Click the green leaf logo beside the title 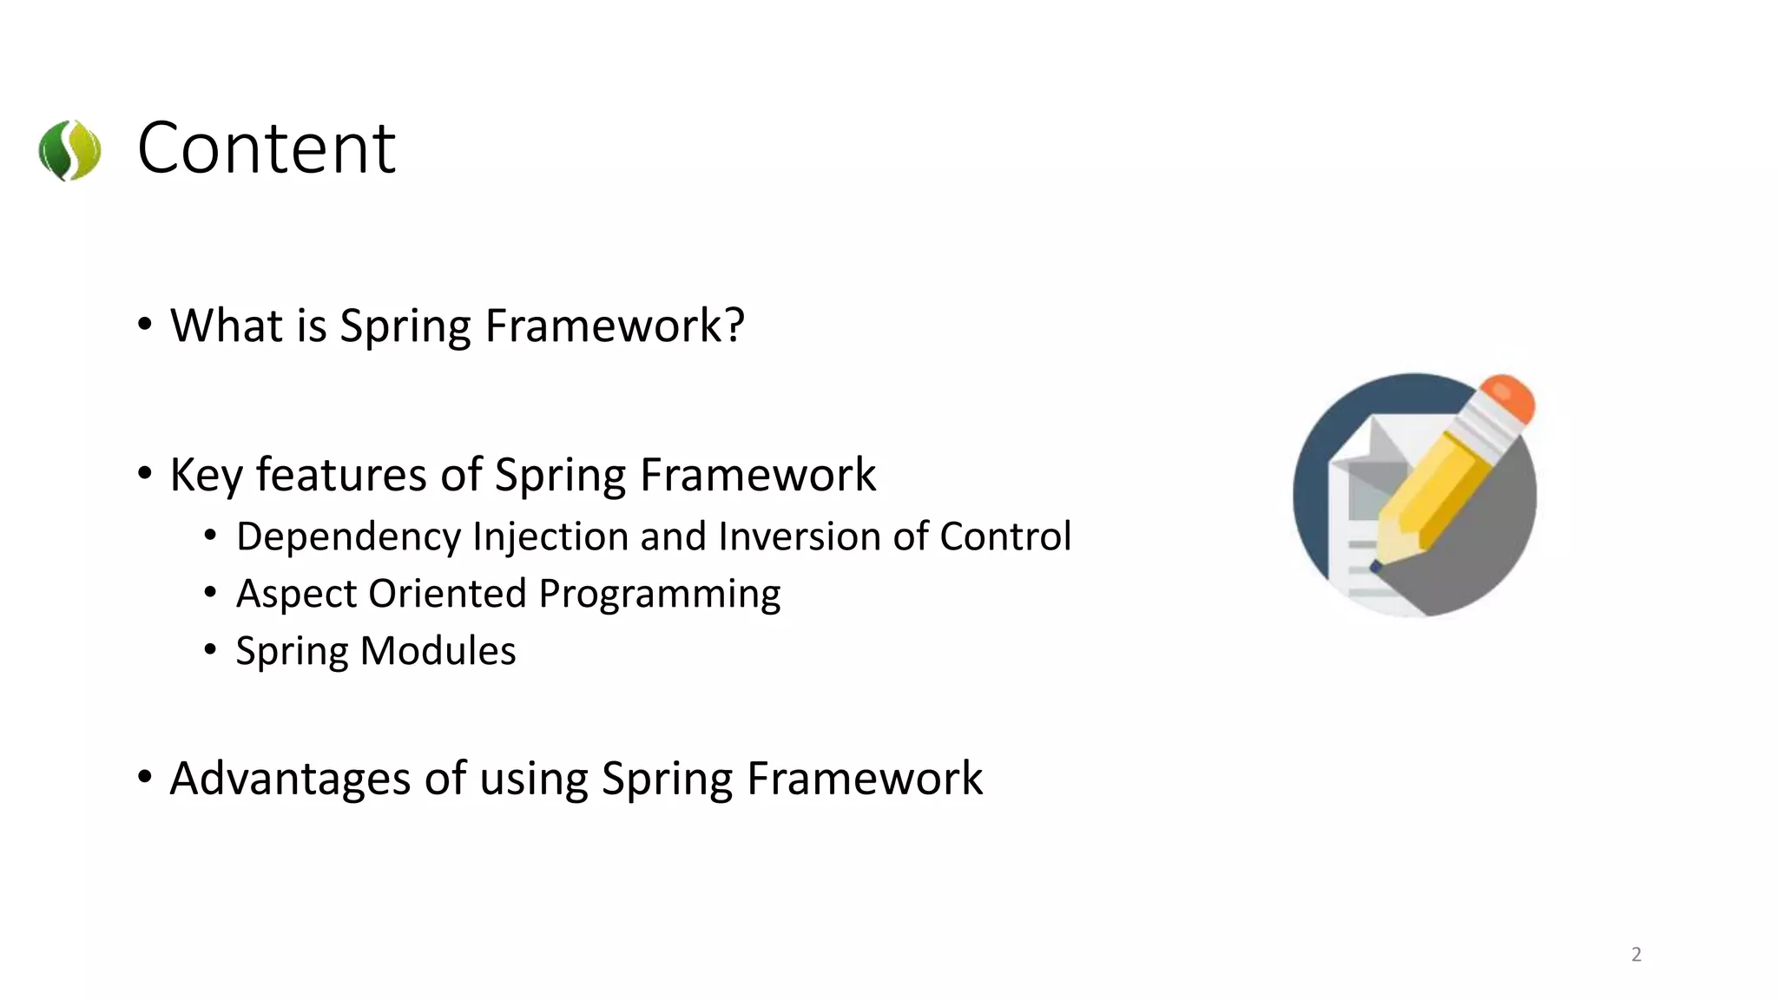pos(69,150)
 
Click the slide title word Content pos(267,148)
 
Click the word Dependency pos(348,537)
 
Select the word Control pos(1004,536)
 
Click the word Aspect pos(296,595)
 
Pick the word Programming pos(659,595)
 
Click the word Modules pos(438,651)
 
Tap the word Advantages pos(290,779)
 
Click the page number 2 pos(1636,954)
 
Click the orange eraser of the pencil pos(1508,398)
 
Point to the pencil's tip pos(1376,567)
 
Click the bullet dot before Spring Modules pos(210,649)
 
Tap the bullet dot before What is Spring pos(145,325)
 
